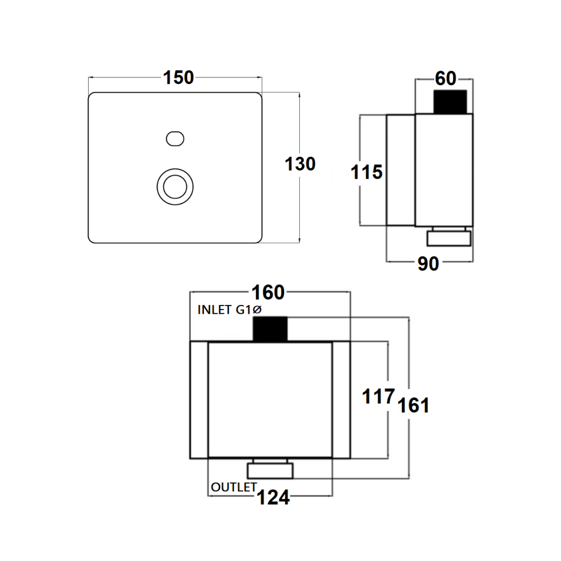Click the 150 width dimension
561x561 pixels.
(x=178, y=78)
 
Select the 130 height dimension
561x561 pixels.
(x=300, y=164)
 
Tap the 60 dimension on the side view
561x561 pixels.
(x=445, y=79)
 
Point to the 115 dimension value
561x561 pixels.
(x=367, y=172)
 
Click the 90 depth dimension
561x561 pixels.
(x=429, y=264)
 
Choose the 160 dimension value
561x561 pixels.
(x=269, y=292)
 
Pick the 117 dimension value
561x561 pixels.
(x=378, y=397)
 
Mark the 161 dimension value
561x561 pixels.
(x=413, y=406)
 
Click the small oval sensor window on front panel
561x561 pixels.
(x=175, y=139)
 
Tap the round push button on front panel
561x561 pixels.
(x=175, y=186)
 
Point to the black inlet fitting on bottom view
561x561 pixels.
(x=270, y=329)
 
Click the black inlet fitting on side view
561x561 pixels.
(x=450, y=102)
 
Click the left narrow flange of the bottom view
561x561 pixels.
(x=199, y=400)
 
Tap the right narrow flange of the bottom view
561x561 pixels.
(x=341, y=400)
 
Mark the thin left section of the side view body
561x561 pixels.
(x=400, y=170)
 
